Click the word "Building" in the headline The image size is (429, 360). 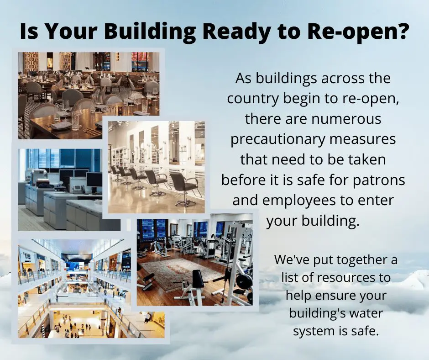[x=150, y=32]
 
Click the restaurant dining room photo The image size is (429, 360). [x=89, y=95]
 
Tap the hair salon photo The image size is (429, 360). [x=156, y=167]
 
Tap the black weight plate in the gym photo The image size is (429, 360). [x=244, y=282]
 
